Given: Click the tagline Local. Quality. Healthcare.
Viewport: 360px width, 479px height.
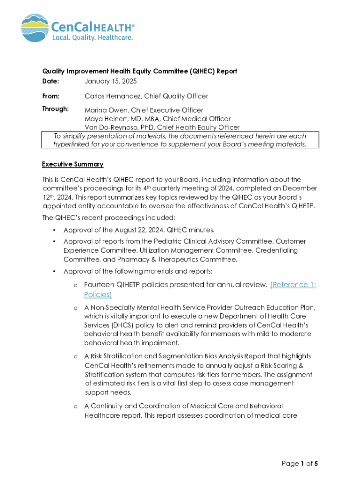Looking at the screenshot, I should [x=92, y=37].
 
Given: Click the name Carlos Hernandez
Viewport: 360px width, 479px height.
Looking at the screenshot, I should [x=112, y=96].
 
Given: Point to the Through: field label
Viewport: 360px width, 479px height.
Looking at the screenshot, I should [x=55, y=109].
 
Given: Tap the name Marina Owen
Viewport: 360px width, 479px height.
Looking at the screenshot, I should [x=104, y=110].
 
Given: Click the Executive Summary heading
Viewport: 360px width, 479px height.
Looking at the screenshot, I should [x=72, y=164].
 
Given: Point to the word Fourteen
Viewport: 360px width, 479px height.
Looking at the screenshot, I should [x=99, y=285].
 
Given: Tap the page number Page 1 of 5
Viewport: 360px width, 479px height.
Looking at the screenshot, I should [x=300, y=464].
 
